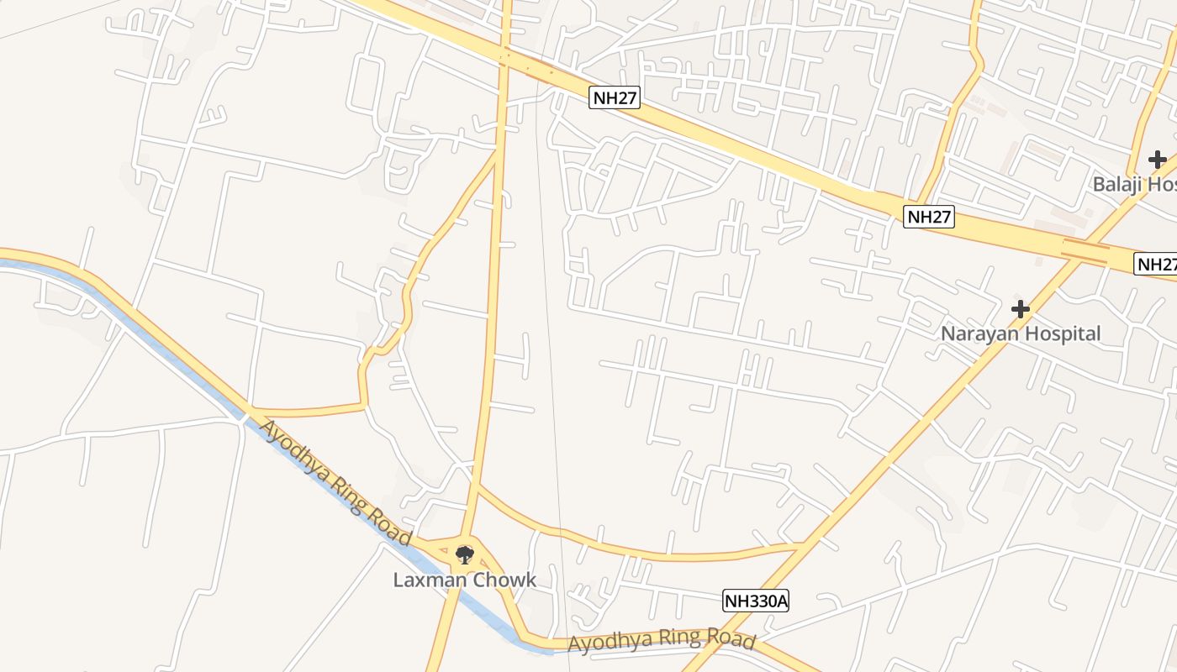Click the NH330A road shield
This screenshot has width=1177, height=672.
756,601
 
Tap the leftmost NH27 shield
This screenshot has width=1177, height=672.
615,97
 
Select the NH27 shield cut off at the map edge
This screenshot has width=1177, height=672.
1156,264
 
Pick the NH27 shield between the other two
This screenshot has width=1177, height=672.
929,217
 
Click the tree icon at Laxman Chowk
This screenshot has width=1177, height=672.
464,554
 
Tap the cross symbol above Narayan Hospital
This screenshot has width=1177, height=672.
1020,309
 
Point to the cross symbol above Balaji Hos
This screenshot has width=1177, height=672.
1157,160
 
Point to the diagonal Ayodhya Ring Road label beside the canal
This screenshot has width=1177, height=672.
335,482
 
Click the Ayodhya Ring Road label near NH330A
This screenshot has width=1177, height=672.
661,640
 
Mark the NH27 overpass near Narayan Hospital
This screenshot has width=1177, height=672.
1085,249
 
